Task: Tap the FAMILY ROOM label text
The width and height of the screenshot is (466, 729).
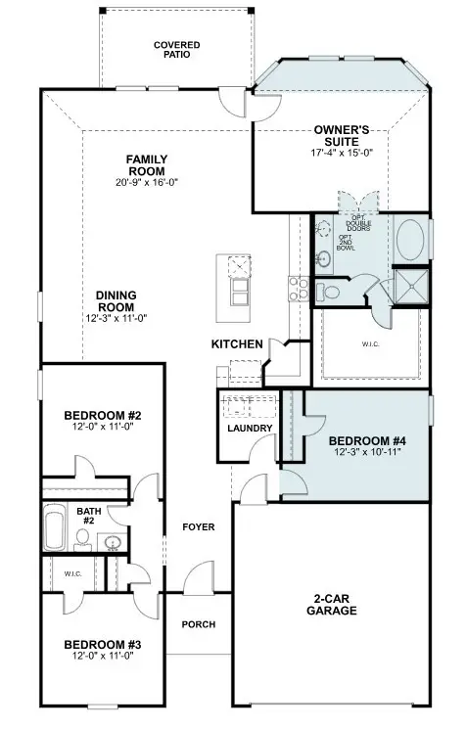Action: pos(147,164)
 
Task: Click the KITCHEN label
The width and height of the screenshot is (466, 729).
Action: pos(237,344)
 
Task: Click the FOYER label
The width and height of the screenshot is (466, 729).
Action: pos(199,527)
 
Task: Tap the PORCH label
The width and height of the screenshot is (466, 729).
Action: pos(199,624)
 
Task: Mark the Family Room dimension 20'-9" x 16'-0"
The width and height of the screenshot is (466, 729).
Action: pos(147,182)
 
